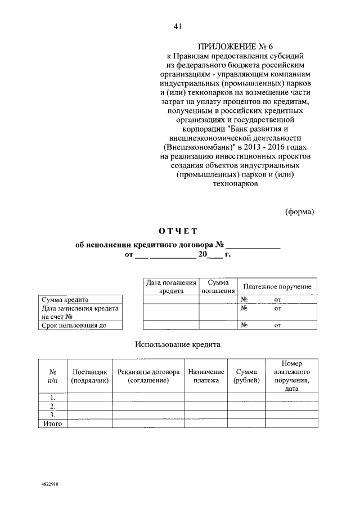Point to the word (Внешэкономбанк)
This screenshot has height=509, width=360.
pos(189,146)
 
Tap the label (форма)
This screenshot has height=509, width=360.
pos(300,211)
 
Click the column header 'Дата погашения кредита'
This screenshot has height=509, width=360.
pos(171,287)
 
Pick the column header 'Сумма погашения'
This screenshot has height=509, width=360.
pos(218,287)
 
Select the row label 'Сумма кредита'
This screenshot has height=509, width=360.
pos(65,300)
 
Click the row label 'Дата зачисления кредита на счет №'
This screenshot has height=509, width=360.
pos(79,312)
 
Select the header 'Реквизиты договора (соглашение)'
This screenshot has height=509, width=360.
pos(148,376)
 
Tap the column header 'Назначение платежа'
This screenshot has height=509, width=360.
pos(206,376)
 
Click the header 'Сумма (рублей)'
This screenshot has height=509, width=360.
pos(246,376)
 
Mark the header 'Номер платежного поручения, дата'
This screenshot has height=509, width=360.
pos(291,376)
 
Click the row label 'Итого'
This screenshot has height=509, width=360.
pos(52,424)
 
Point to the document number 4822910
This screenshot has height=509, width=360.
pos(50,483)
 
